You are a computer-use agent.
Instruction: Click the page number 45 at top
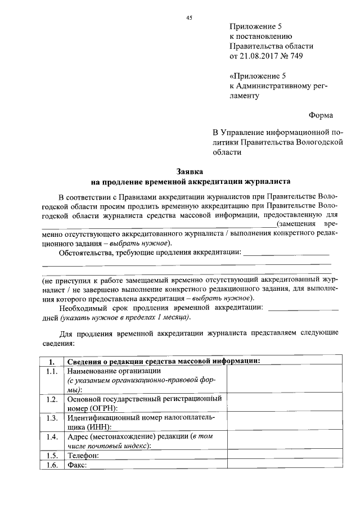click(189, 18)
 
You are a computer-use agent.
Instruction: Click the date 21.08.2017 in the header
click(259, 56)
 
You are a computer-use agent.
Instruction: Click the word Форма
click(321, 115)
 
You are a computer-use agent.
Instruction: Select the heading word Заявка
click(190, 171)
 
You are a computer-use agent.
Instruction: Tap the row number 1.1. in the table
click(52, 372)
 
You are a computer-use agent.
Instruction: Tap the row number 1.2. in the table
click(52, 399)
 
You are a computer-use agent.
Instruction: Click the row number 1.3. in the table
click(52, 418)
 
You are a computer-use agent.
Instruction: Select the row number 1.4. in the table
click(52, 436)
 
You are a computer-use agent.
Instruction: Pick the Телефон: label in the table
click(83, 455)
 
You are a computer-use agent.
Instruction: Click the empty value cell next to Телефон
click(284, 455)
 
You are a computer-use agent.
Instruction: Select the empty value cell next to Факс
click(284, 466)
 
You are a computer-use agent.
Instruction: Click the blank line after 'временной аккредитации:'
click(304, 309)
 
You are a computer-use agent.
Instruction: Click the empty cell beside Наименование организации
click(284, 380)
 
